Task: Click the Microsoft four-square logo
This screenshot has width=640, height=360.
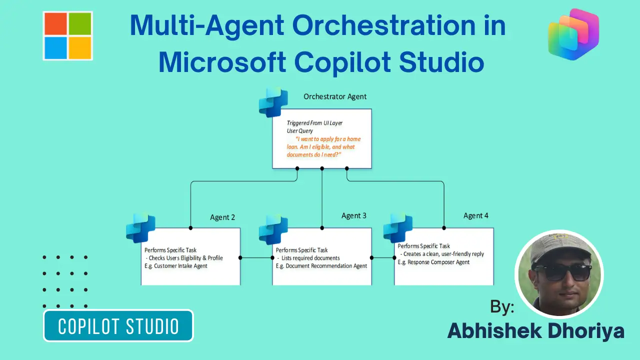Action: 67,35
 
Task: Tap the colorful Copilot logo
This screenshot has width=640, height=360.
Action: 573,34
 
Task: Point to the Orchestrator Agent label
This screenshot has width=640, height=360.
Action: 335,96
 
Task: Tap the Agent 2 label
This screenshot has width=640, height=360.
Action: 222,217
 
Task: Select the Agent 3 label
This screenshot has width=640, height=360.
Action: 354,215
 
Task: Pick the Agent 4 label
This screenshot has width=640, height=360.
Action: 476,215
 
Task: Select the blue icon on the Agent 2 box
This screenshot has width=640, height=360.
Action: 140,228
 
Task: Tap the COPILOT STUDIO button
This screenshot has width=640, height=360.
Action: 118,326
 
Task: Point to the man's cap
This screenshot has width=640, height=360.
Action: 555,247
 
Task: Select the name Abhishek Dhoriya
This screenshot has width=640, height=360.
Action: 535,331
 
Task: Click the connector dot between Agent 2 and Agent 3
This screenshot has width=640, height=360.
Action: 240,258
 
